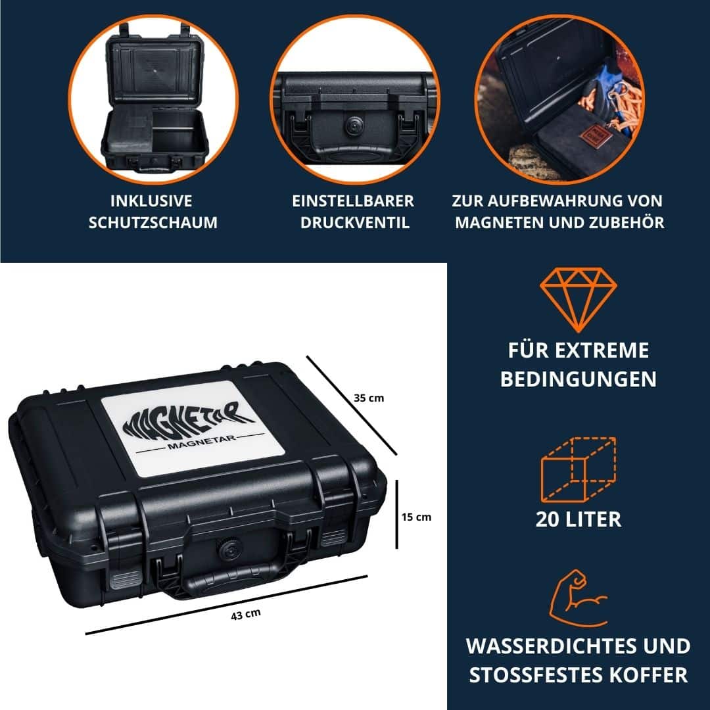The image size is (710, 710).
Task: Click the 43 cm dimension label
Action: coord(246,615)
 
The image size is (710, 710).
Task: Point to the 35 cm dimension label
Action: coord(369,398)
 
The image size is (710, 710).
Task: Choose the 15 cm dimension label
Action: coord(416,517)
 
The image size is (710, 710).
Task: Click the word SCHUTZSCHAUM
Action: coord(153,222)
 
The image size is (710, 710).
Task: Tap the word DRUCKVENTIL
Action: coord(355,222)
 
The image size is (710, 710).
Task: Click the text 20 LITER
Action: coord(579,519)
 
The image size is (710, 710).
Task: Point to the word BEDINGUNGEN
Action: coord(579,379)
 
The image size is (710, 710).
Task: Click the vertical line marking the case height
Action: coord(396,513)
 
